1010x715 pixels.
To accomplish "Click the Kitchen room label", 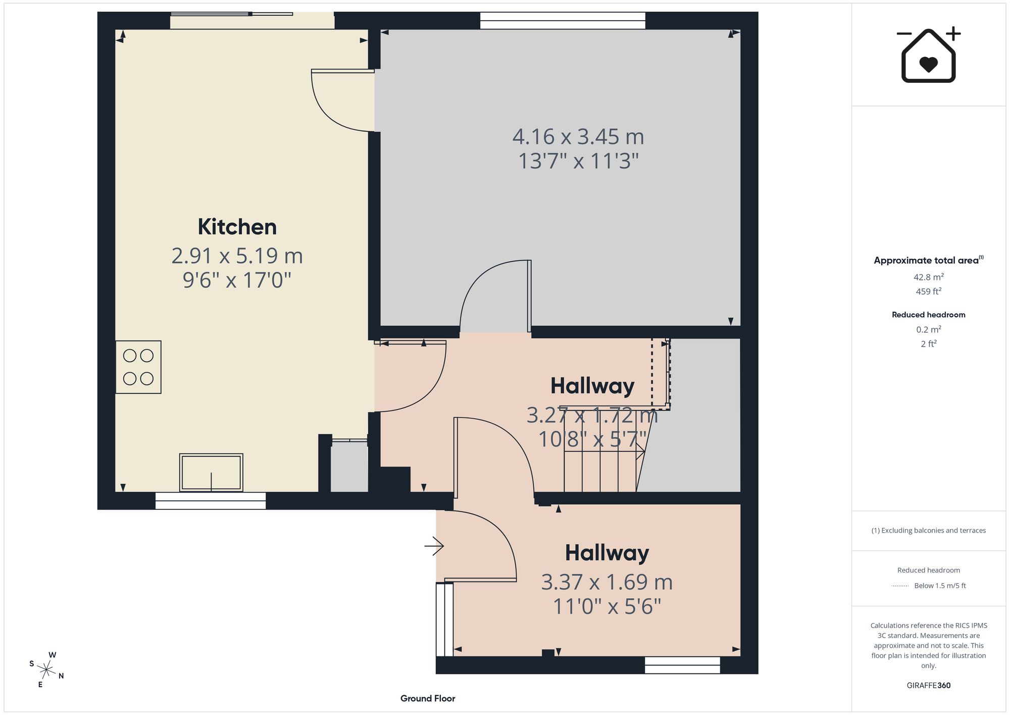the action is [x=237, y=227].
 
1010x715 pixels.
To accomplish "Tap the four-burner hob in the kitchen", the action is [x=138, y=367].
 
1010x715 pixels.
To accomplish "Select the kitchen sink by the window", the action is [x=211, y=472].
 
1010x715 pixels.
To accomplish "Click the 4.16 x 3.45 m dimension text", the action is [x=578, y=137].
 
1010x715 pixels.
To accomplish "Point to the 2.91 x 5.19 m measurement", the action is [x=237, y=256].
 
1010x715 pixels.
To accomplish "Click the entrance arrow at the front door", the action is [x=434, y=546].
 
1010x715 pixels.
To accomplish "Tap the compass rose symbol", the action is [x=46, y=670].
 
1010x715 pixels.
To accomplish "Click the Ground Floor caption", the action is [x=428, y=698].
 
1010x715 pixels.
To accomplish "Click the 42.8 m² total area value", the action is [x=929, y=277].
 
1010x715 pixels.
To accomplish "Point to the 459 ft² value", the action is [x=929, y=291].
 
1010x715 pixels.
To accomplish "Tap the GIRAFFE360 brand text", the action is [x=929, y=685].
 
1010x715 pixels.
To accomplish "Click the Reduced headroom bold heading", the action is [x=929, y=315].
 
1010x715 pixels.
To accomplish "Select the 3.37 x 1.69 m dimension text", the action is [x=607, y=582].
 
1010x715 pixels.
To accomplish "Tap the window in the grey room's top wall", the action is [x=563, y=21].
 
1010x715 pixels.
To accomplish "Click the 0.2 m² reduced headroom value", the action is [x=929, y=329].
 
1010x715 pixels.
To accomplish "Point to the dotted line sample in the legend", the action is [x=900, y=586].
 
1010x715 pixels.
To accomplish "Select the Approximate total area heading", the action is [x=929, y=260].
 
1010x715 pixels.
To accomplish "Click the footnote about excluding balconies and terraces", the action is [x=929, y=531].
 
